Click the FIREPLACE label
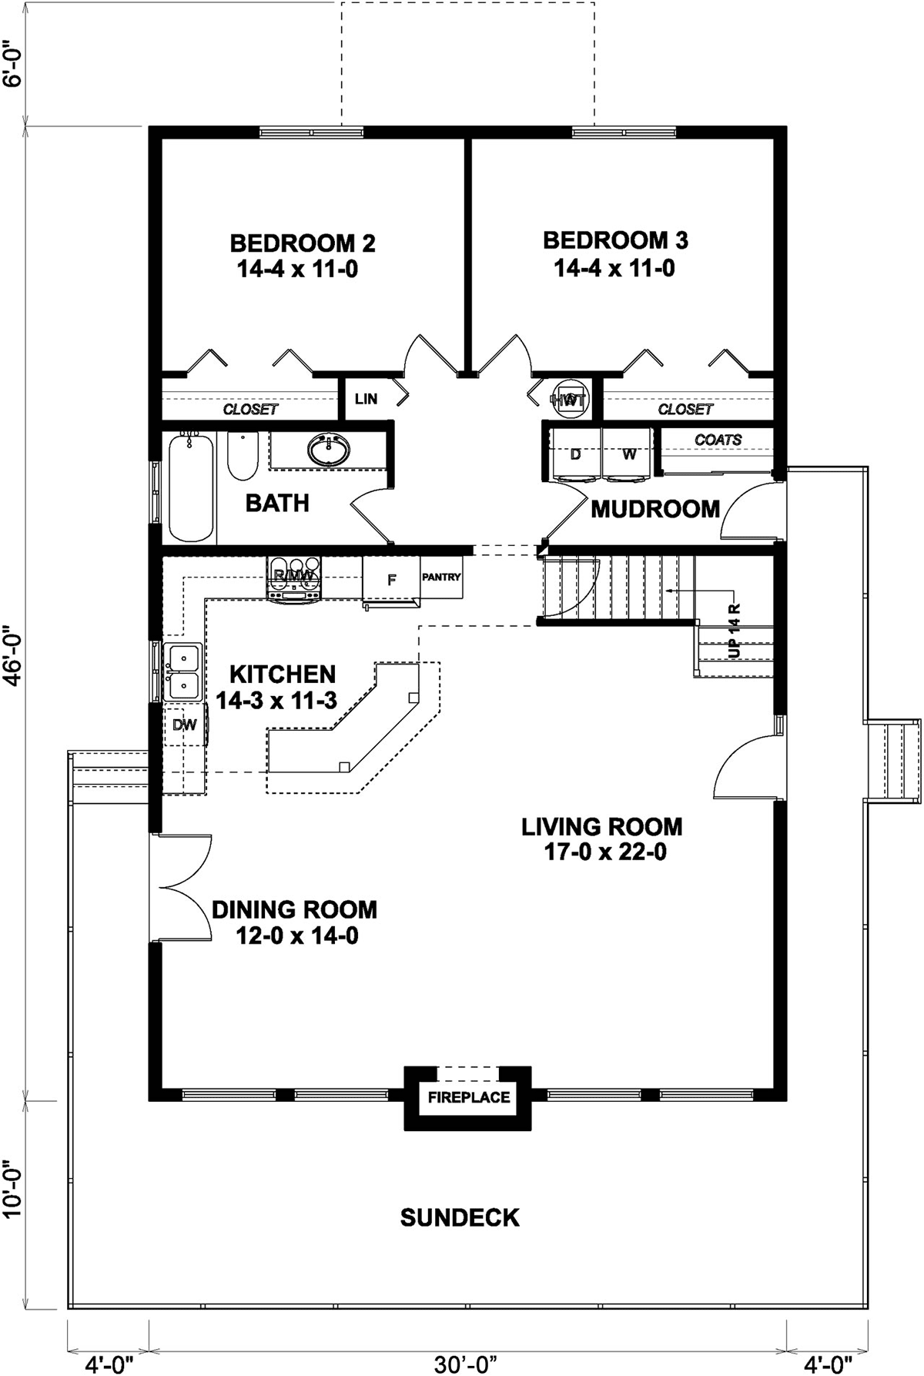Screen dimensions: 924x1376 tap(469, 1096)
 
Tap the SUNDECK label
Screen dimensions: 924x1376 tap(460, 1217)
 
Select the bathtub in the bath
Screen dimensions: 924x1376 tap(189, 487)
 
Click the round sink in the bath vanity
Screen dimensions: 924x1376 tap(328, 450)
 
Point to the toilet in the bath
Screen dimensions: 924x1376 tap(242, 455)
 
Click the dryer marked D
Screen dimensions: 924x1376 tap(575, 454)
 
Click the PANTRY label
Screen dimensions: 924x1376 tap(441, 577)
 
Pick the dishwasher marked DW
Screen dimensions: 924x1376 tap(185, 725)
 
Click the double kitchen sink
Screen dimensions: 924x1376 tap(183, 671)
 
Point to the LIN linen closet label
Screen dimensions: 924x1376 tap(366, 399)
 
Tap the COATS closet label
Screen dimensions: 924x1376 tap(718, 440)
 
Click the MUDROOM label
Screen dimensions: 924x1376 tap(655, 509)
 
